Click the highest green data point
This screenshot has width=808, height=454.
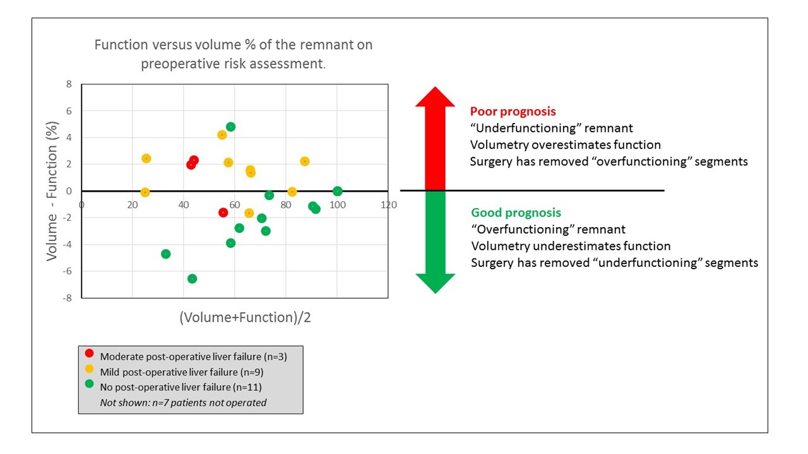point(230,127)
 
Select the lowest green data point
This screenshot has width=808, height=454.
point(192,279)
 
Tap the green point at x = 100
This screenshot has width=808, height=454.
point(337,191)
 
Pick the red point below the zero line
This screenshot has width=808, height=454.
point(223,212)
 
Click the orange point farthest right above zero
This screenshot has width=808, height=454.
point(305,161)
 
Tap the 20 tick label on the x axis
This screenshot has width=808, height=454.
point(131,204)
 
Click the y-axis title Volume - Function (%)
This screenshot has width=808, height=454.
point(53,191)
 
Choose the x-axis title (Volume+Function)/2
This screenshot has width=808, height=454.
point(245,318)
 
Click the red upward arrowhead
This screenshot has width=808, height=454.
point(435,96)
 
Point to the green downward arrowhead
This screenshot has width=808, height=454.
point(435,284)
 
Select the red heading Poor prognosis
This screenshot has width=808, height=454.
point(513,112)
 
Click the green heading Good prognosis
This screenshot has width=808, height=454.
point(516,213)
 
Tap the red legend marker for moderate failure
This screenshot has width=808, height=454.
point(89,354)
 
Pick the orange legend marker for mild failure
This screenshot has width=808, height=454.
point(89,370)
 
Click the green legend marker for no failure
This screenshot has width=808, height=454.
point(89,385)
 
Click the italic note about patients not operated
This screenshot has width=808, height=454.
point(183,402)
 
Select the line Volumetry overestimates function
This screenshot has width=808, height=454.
point(565,145)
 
